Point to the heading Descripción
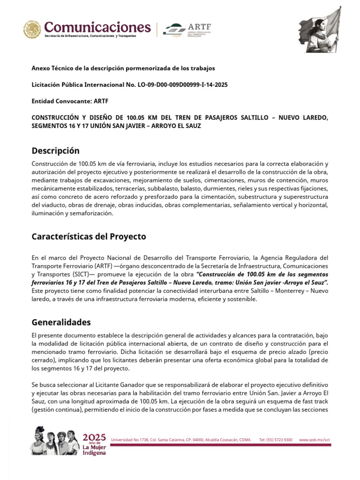click(55, 150)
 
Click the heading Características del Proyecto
click(89, 236)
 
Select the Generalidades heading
click(61, 322)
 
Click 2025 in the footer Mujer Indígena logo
click(94, 437)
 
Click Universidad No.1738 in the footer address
click(130, 440)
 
